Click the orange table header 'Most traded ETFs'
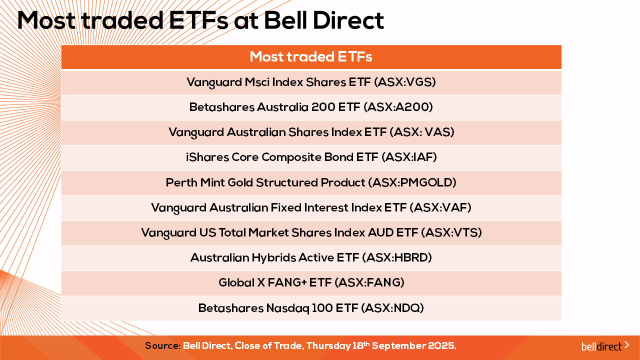(x=311, y=56)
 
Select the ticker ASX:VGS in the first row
(x=405, y=82)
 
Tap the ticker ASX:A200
(x=398, y=107)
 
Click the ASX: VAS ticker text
(x=422, y=132)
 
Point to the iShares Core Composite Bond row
(x=311, y=157)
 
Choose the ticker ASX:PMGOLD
(x=412, y=182)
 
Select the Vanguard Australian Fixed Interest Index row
(x=311, y=207)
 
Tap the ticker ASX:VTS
(x=451, y=232)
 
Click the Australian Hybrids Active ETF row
(x=311, y=257)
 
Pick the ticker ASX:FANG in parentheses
(x=369, y=282)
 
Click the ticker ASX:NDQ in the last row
(x=392, y=308)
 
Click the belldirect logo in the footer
(x=605, y=346)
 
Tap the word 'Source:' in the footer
(x=163, y=345)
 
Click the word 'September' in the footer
(x=401, y=346)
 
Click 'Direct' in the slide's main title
(x=348, y=20)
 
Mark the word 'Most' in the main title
(x=46, y=20)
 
